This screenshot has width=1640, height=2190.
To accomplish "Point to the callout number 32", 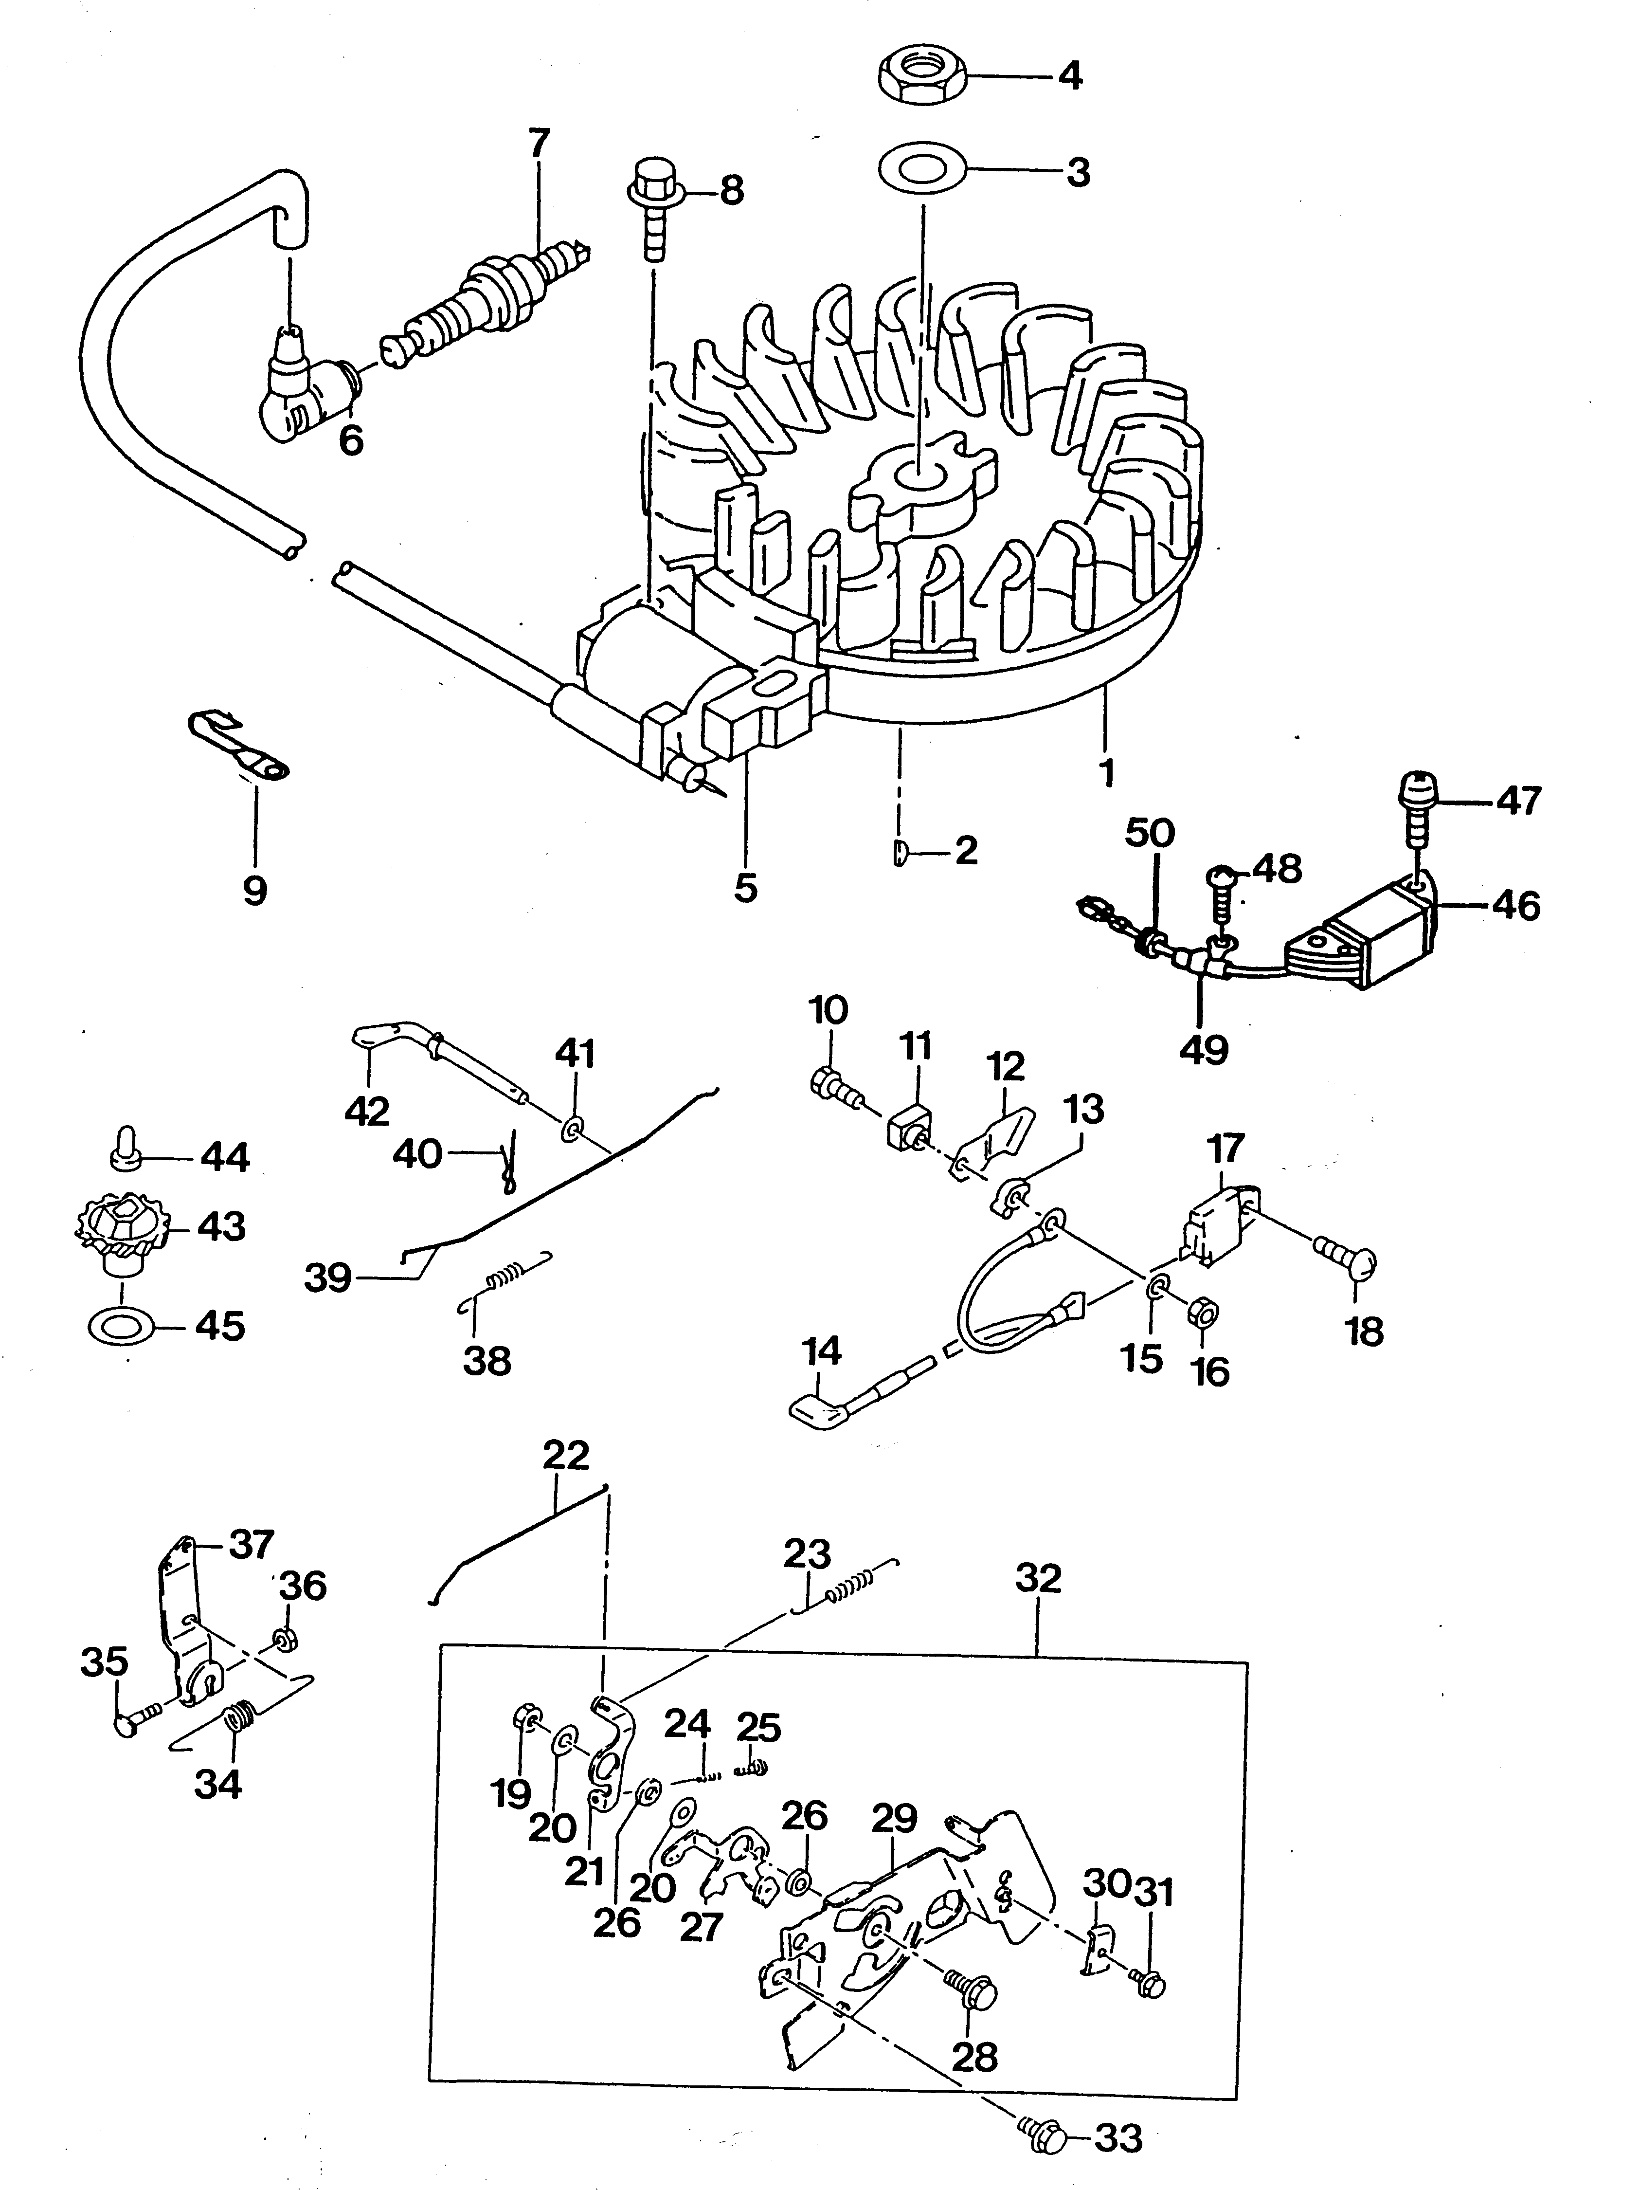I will point(1037,1578).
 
